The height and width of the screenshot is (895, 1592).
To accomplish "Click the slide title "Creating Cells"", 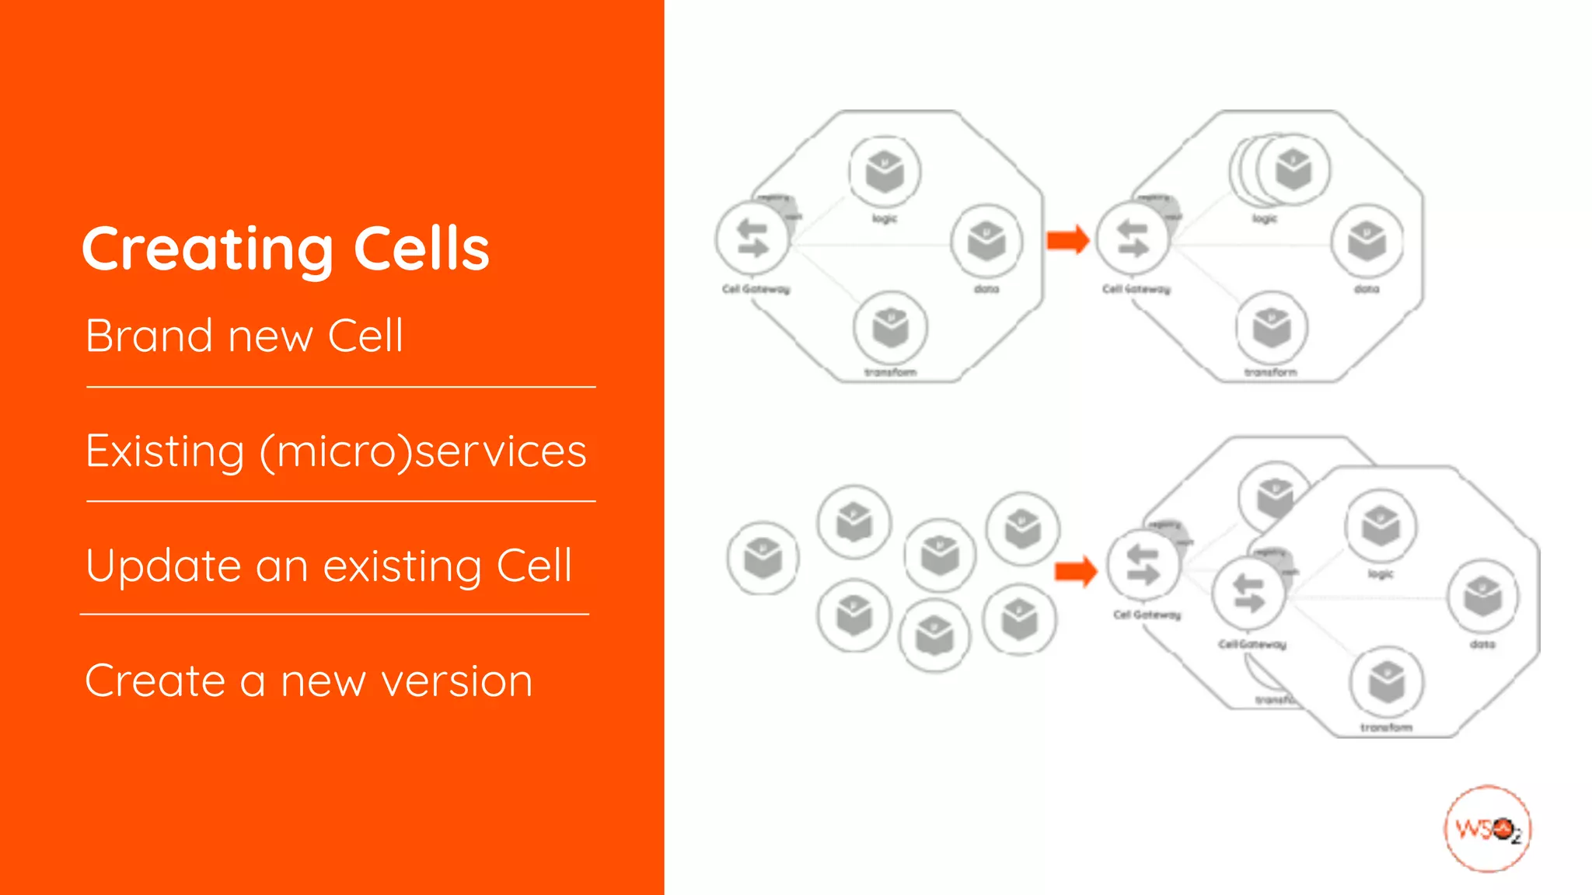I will tap(285, 249).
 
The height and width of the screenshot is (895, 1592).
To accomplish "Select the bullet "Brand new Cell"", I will tap(244, 336).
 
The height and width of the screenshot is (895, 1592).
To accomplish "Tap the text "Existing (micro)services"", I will tap(336, 451).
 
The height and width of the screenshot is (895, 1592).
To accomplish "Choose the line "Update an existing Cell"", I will tap(329, 566).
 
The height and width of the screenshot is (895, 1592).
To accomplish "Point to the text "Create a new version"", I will tap(309, 681).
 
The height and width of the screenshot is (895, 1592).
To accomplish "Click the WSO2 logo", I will tap(1487, 829).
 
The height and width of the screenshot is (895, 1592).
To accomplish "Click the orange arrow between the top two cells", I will tap(1068, 239).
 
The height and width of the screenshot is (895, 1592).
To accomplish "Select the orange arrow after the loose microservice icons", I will tap(1076, 572).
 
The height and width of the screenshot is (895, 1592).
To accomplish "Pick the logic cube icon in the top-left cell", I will tap(885, 172).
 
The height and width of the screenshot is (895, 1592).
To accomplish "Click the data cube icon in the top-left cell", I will tap(986, 241).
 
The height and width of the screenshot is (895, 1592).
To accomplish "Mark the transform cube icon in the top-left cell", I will tap(890, 328).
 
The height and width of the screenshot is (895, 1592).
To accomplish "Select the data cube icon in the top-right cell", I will tap(1367, 241).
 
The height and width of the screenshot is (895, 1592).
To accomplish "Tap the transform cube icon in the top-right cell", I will tap(1271, 328).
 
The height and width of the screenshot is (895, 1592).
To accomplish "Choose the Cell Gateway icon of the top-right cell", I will tap(1133, 239).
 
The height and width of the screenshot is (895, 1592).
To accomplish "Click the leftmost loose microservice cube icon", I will tap(763, 558).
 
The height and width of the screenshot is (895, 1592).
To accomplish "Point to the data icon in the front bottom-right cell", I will tap(1482, 597).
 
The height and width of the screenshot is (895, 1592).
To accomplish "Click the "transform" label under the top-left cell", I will tap(890, 373).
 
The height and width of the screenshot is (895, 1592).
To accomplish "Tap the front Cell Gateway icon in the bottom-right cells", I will tap(1248, 594).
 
